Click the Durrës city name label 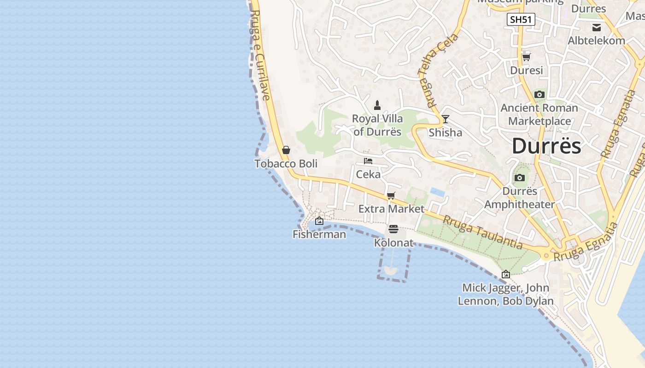[546, 146]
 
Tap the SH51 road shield [521, 19]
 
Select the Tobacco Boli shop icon [286, 150]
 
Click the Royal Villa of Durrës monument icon [377, 105]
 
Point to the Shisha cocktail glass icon [445, 119]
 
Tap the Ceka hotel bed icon [368, 161]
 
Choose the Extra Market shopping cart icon [391, 195]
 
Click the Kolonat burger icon [393, 229]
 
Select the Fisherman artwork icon [319, 221]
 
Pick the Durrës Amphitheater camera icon [520, 178]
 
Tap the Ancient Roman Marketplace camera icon [539, 95]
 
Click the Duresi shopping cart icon [526, 57]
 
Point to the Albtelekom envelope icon [597, 27]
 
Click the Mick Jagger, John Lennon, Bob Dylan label [505, 294]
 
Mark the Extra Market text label [391, 209]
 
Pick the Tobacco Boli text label [286, 164]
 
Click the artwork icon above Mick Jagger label [505, 274]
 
